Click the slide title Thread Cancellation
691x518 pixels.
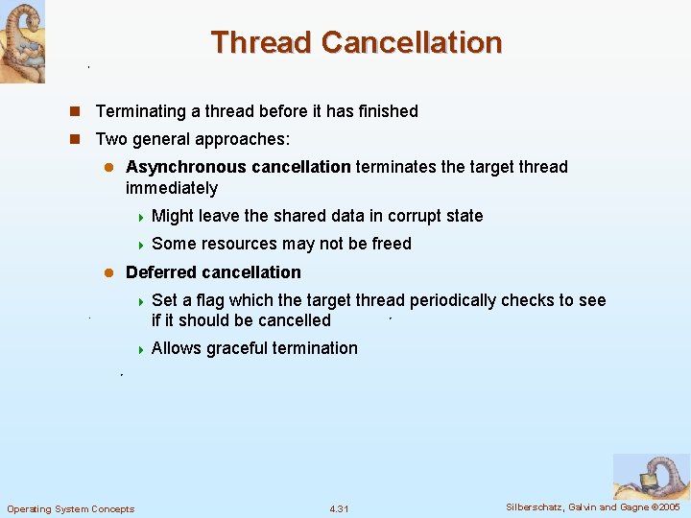point(356,42)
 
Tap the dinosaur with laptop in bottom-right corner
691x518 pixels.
point(651,476)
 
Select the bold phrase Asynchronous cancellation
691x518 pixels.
point(238,167)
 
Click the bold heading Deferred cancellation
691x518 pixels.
point(213,272)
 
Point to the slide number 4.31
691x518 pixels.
point(339,508)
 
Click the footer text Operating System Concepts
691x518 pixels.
point(71,508)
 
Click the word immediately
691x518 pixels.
point(172,188)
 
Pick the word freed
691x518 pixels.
point(391,244)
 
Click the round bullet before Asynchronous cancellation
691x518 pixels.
point(109,167)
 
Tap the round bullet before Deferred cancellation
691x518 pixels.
point(109,272)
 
